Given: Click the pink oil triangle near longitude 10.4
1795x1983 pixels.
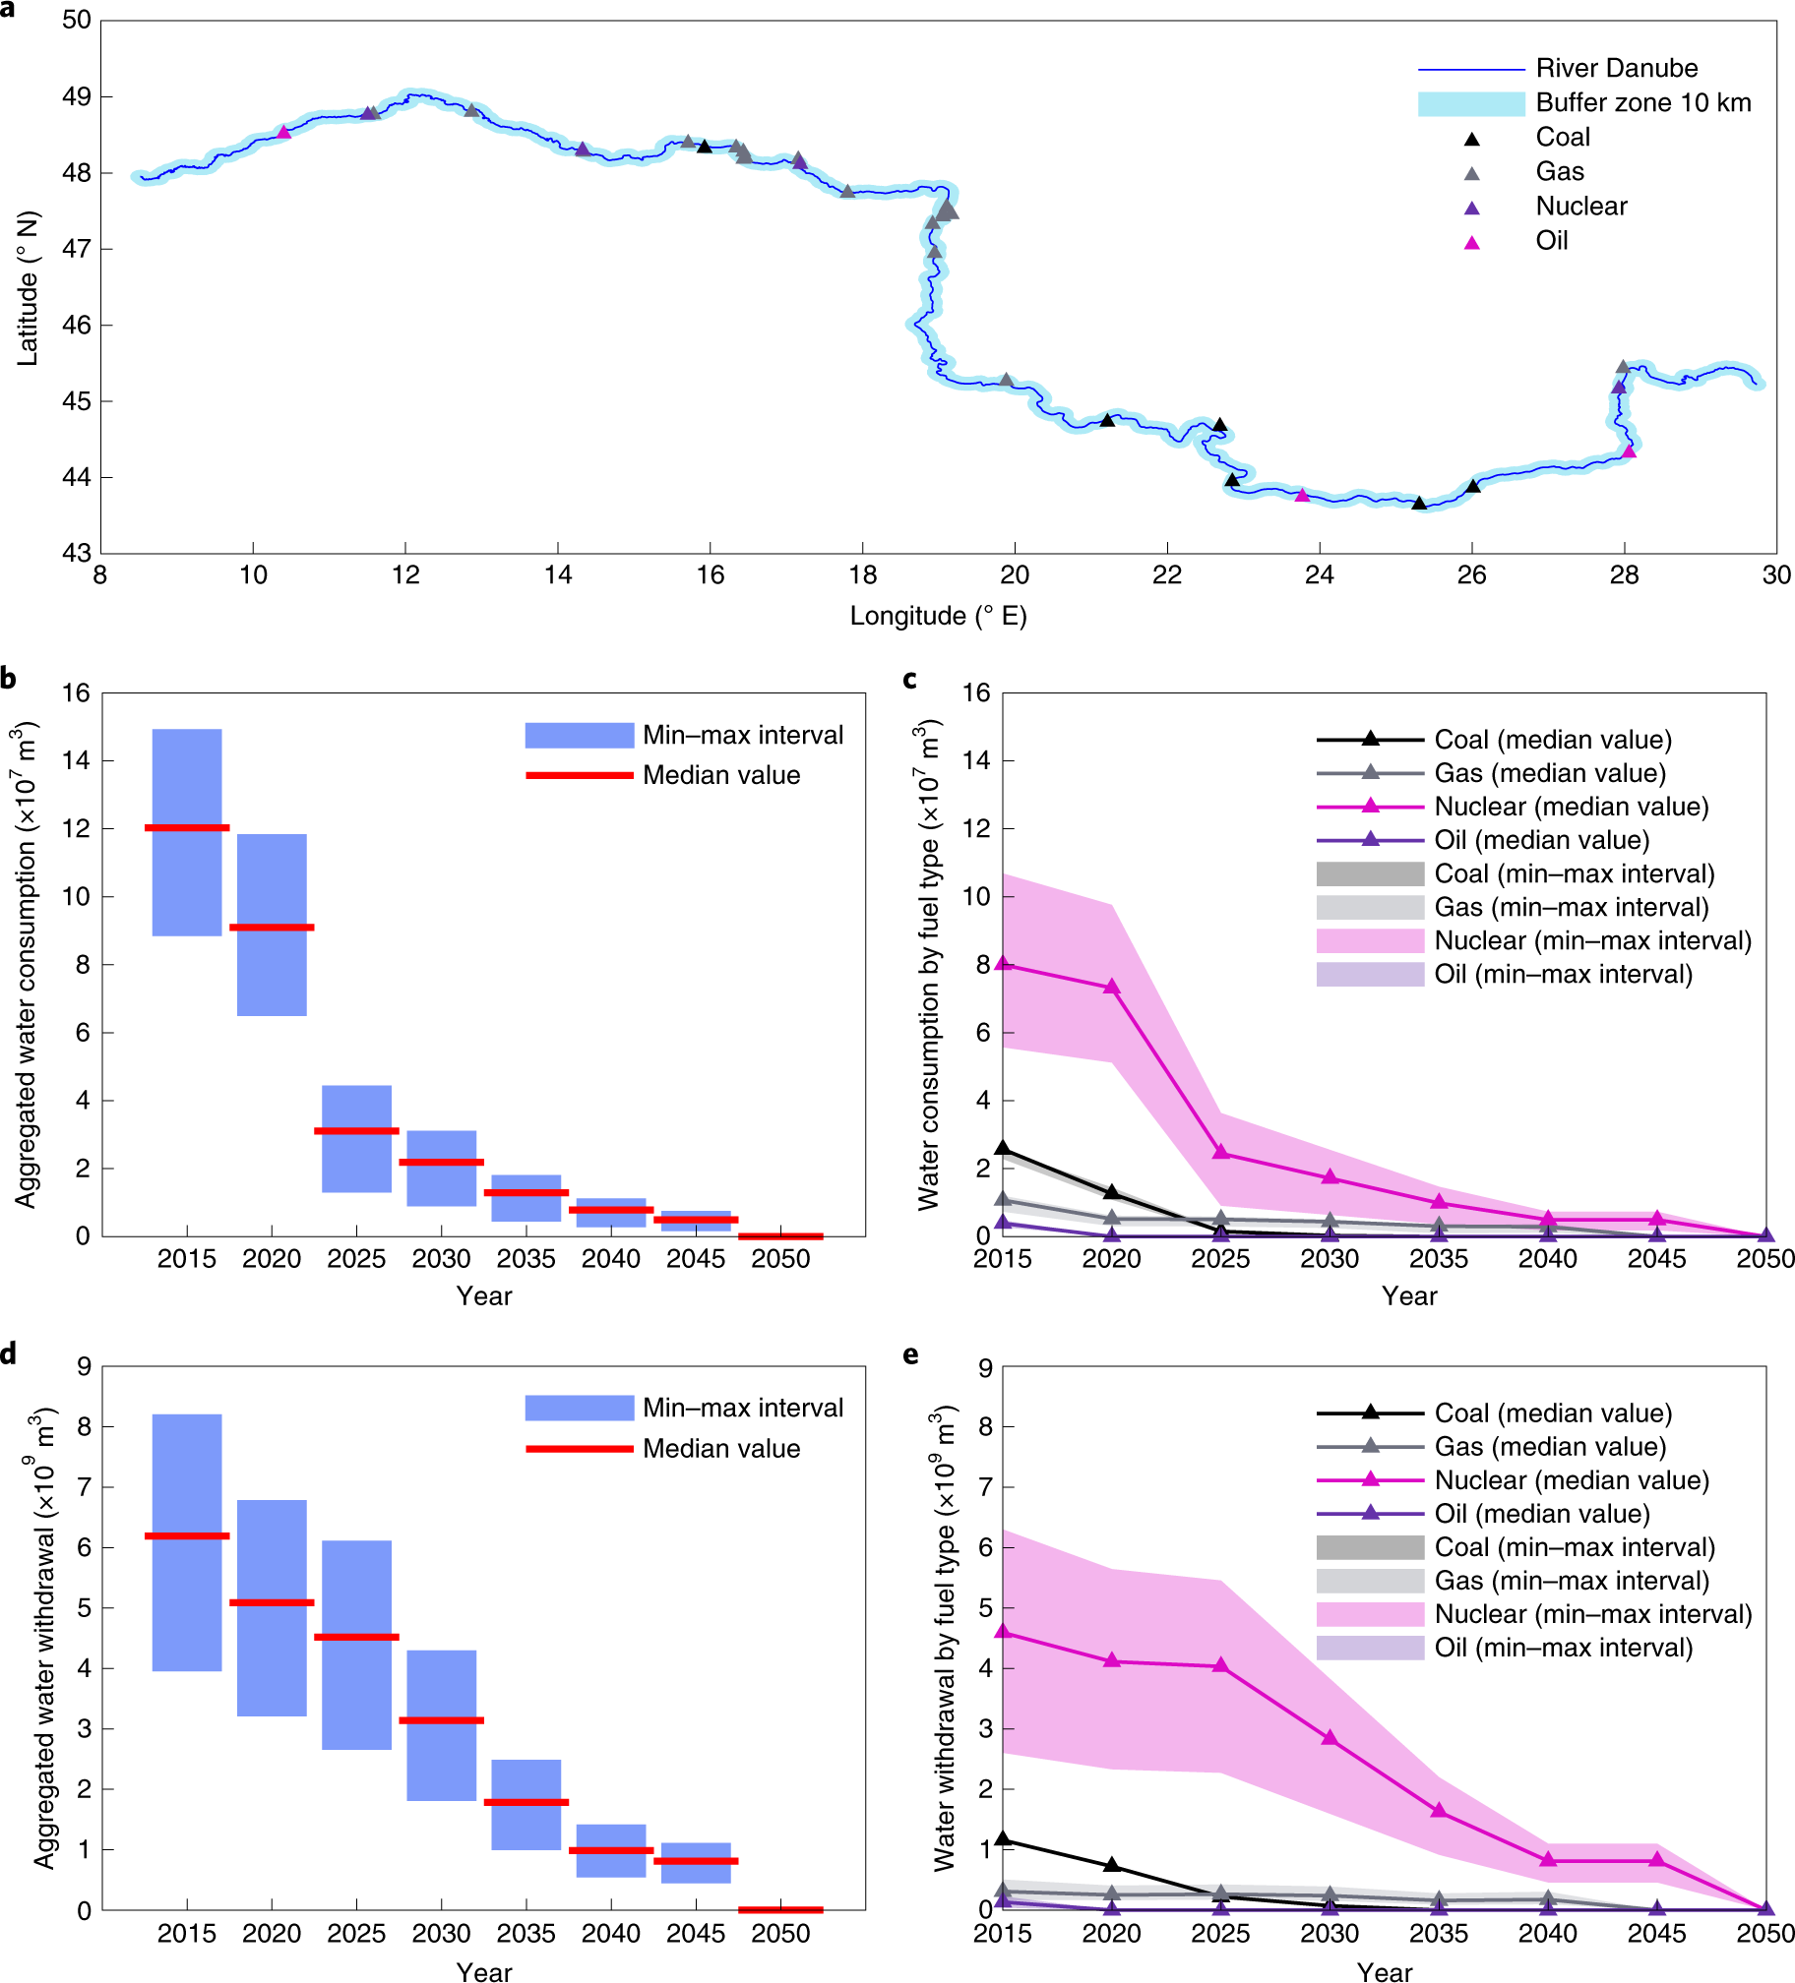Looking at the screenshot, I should [283, 133].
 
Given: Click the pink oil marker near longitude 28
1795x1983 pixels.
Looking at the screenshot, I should [1629, 451].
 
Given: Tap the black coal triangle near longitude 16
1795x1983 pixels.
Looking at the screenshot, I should [705, 147].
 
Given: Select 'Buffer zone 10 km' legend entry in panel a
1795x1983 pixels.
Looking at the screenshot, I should [1642, 102].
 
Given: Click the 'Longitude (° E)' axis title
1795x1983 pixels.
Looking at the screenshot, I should [938, 617].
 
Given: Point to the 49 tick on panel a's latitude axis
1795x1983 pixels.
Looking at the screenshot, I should [77, 96].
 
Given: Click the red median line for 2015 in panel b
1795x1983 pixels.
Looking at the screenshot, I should [187, 827].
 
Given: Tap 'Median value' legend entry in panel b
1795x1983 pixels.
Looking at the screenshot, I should [720, 775].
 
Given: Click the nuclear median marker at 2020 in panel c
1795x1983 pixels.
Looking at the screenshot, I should [1112, 987].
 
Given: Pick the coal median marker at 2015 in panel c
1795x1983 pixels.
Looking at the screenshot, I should [1003, 1148].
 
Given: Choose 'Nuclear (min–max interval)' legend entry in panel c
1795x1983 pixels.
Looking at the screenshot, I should [1592, 940].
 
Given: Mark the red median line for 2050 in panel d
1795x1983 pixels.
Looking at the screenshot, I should [780, 1909].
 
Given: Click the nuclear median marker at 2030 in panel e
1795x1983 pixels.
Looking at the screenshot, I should [1331, 1738].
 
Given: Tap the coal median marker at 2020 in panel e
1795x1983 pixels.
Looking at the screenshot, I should [1112, 1865].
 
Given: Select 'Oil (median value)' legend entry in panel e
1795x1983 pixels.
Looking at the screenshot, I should [1541, 1514].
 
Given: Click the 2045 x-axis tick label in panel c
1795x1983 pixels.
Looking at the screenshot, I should [1656, 1259].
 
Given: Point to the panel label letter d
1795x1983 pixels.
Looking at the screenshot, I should [9, 1354].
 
